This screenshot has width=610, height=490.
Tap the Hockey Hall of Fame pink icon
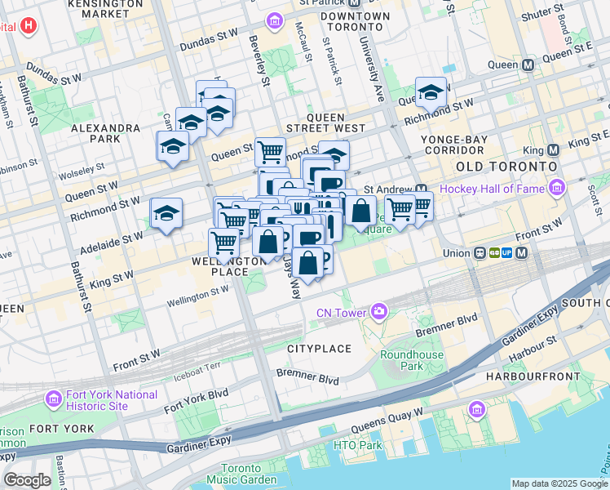(x=558, y=189)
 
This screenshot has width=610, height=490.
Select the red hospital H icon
(x=29, y=26)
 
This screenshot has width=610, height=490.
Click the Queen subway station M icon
(x=528, y=64)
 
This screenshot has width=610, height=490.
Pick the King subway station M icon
(x=554, y=149)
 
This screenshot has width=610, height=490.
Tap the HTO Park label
(x=357, y=445)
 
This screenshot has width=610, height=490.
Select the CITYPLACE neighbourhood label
(x=319, y=349)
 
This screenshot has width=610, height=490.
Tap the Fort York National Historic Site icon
(x=54, y=399)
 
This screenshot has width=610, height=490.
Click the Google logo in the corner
(x=28, y=480)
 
